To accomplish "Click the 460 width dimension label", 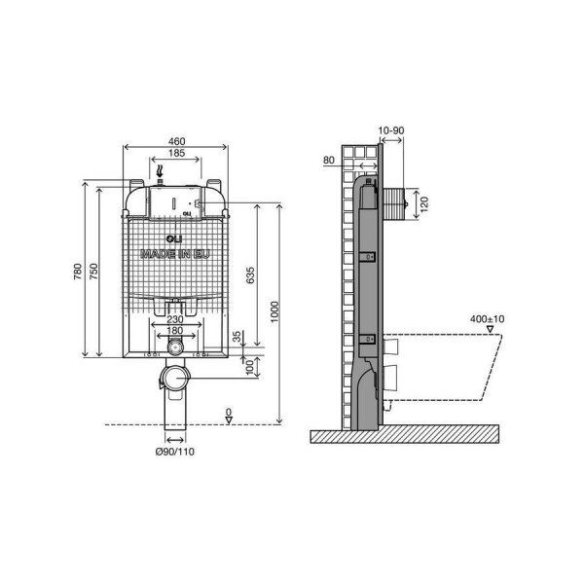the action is coord(176,141).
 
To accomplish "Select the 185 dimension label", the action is coord(176,153).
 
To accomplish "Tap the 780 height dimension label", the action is coord(78,272).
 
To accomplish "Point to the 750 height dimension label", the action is coord(93,272).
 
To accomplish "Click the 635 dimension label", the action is coord(251,274).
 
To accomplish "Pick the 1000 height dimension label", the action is coord(274,312).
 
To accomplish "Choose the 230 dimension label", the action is coord(174,319).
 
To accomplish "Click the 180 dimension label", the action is coord(174,330).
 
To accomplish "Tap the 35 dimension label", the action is coord(237,337).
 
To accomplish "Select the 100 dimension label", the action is coord(250,368).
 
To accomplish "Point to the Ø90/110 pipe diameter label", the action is coord(174,452).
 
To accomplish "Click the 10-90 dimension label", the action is coord(391,130).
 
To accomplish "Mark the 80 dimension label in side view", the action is coord(329,161).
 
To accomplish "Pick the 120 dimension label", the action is coord(424,203).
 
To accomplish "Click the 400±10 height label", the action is coord(488,319).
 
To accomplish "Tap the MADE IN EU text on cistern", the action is coord(174,254).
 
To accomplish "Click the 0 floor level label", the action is coord(229,413).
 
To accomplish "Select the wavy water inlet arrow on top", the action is coord(161,171).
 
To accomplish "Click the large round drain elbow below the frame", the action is coord(175,378).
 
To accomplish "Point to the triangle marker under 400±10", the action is coord(491,329).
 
